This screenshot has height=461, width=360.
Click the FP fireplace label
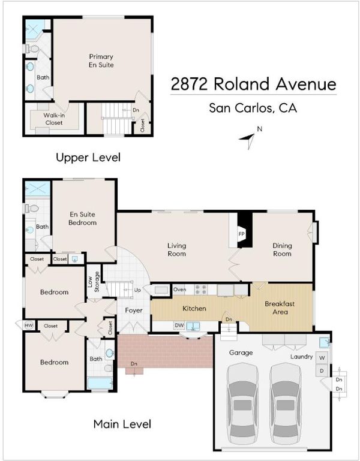point(241,234)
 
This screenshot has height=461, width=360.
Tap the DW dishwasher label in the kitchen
point(179,326)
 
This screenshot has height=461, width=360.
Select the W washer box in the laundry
point(322,358)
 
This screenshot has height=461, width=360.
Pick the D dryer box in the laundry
point(322,370)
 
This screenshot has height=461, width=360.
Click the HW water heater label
point(28,326)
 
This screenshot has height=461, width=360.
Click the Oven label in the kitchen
point(179,290)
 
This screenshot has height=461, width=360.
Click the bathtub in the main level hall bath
point(100,384)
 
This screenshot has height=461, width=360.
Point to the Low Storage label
point(94,282)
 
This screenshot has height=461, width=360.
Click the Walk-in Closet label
point(54,119)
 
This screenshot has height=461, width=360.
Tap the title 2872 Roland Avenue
point(253,84)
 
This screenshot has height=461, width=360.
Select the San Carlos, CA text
point(253,108)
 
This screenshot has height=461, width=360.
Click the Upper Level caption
point(88,158)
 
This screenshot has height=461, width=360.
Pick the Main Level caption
point(122,424)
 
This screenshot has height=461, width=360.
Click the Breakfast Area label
point(280,308)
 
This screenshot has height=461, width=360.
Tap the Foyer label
point(134,311)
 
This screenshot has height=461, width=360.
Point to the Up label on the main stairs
point(137,290)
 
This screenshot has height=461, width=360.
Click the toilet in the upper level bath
point(32,49)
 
